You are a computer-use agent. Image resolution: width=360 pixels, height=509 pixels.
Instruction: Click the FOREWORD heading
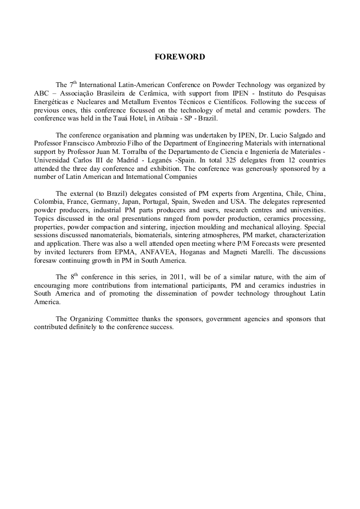point(179,57)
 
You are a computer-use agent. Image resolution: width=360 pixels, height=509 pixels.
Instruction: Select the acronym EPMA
point(132,252)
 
